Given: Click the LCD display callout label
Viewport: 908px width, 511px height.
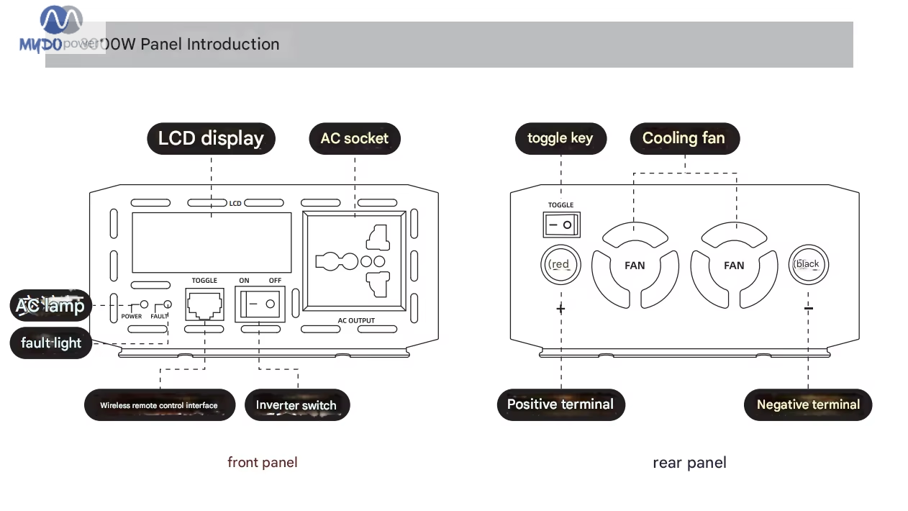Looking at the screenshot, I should (x=211, y=138).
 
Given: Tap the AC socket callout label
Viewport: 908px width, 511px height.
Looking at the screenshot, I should (x=355, y=138).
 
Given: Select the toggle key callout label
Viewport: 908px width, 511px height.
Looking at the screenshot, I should (x=560, y=138).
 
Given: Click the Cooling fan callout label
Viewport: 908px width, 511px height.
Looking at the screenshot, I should (x=684, y=138).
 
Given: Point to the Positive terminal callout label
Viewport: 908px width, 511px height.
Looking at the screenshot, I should (x=560, y=404).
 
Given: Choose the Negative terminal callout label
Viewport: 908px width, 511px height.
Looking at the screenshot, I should (x=808, y=404).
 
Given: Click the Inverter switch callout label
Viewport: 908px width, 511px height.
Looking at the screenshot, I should (x=296, y=405).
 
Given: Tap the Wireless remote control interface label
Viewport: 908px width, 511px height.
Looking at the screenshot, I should (x=159, y=405).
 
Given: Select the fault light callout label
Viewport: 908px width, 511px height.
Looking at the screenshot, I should (x=51, y=343).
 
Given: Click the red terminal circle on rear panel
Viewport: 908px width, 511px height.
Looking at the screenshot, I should (x=560, y=264).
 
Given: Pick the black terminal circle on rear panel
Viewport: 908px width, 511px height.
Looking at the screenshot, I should (x=808, y=264).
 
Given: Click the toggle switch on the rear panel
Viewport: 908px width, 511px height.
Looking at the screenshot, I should (x=561, y=225).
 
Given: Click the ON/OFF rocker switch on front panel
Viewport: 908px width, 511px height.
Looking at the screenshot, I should (x=260, y=304).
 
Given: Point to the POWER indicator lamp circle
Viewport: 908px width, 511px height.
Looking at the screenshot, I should (x=144, y=305).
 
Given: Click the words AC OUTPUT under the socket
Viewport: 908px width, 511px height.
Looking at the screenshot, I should (x=356, y=320).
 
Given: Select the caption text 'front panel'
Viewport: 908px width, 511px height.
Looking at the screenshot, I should (x=262, y=462).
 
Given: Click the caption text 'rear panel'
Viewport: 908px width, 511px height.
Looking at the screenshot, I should (x=689, y=463).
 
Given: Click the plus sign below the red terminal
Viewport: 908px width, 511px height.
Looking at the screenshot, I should (x=560, y=309).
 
